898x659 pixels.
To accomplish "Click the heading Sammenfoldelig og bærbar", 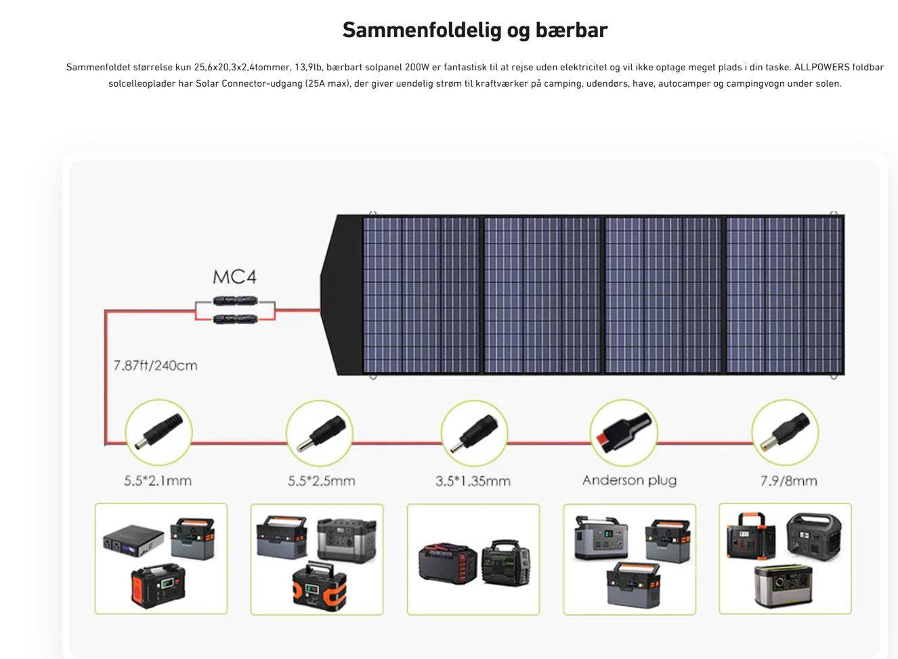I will coord(475,30).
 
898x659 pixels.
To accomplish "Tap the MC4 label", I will coord(234,277).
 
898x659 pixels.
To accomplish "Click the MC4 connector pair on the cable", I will coord(235,310).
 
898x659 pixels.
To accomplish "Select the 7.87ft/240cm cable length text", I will coord(156,365).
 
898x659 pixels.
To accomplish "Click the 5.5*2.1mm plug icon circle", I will coord(159,432).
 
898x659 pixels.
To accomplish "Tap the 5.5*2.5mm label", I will coord(321,481).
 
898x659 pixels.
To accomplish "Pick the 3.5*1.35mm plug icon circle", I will coord(474,432).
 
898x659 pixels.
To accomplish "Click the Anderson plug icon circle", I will coord(623,432).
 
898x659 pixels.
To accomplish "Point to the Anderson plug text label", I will coord(629,480).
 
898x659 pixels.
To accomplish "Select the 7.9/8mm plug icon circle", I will coord(785,432).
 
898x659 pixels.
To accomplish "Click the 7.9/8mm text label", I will coord(788,481).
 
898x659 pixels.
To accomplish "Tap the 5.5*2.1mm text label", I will coord(158,481).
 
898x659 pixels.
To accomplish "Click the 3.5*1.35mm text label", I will coord(473,481).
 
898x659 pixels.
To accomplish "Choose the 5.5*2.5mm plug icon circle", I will coord(320,432).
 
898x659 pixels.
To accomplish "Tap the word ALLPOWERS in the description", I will coord(821,67).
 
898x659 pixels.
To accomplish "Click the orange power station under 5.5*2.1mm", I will coord(158,585).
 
